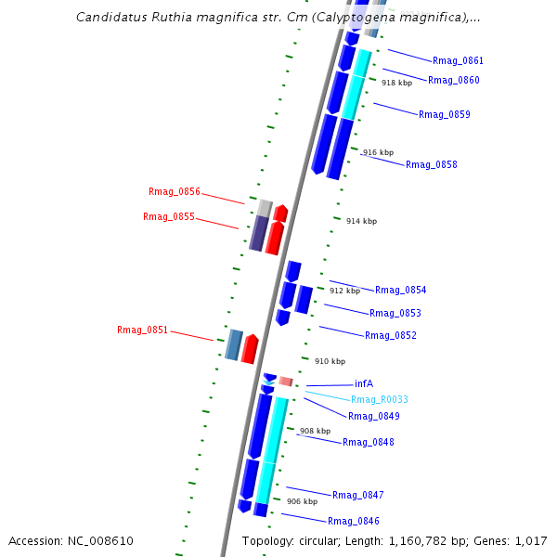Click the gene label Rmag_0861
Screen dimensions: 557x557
458,61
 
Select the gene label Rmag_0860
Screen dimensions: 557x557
453,81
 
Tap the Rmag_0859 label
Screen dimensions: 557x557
444,115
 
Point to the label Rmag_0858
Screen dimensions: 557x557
431,165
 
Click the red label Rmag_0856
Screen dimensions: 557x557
175,192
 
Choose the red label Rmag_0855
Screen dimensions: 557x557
169,217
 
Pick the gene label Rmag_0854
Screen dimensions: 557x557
400,291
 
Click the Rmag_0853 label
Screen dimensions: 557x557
395,314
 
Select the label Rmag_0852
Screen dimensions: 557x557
390,336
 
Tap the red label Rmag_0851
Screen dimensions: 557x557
143,330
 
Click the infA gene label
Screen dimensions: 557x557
364,384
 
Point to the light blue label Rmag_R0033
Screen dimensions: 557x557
379,400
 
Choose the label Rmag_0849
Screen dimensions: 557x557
373,417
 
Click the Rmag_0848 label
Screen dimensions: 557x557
368,443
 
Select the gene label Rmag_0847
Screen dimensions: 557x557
357,496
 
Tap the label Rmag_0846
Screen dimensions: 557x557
353,522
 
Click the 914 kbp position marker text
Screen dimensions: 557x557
361,222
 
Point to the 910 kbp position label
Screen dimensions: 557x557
330,362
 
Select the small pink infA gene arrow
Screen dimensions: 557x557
286,382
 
